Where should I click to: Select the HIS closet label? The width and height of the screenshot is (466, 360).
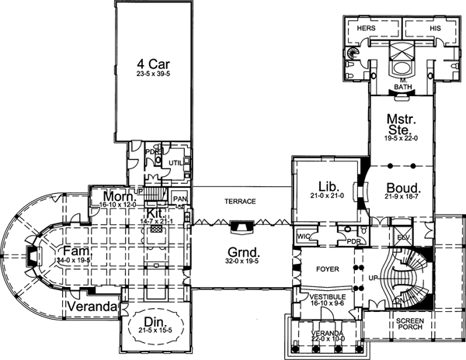click(x=435, y=28)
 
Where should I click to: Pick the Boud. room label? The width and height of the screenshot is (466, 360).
click(x=402, y=188)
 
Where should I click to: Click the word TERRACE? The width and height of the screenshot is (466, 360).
click(x=240, y=201)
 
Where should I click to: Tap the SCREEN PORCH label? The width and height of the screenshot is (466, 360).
click(x=409, y=324)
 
